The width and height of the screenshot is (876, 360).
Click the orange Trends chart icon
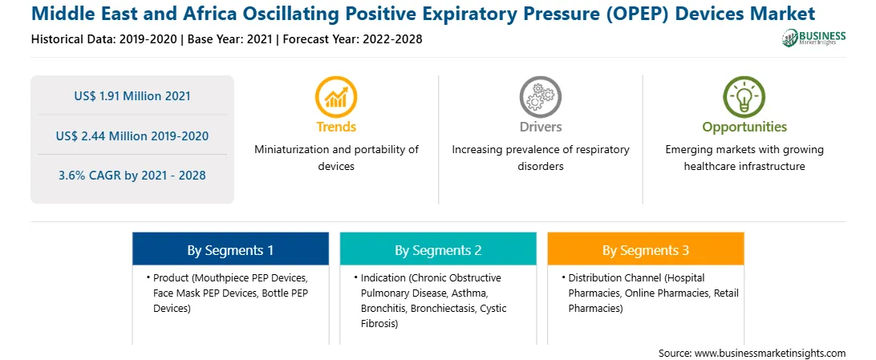336,96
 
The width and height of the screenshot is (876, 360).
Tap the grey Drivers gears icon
540,96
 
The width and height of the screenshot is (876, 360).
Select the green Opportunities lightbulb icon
744,96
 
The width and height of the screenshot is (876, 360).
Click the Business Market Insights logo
814,38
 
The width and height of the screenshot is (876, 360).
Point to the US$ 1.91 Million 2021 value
132,96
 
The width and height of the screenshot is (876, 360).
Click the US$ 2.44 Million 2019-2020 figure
132,136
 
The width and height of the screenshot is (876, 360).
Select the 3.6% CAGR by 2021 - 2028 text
132,176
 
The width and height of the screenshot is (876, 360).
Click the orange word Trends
336,127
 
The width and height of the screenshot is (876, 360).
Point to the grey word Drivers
540,127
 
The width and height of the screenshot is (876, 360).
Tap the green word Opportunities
744,127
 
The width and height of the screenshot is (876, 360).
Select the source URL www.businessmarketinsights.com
770,353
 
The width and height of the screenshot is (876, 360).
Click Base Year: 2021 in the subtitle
230,39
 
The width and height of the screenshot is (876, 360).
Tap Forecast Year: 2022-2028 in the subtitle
351,39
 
